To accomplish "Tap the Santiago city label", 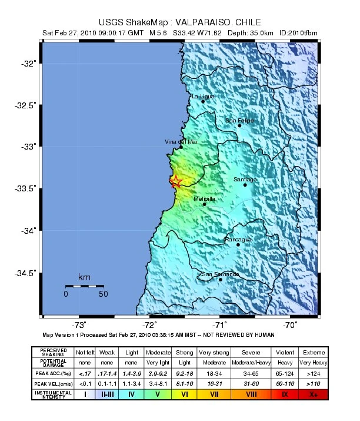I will point(245,179).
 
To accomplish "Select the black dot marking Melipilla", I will point(204,204).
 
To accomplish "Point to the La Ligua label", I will point(203,96).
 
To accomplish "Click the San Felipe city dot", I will point(239,125).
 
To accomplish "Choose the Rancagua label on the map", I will point(238,239).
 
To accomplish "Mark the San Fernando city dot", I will point(221,279).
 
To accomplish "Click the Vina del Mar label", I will point(182,142).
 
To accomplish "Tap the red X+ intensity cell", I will point(313,395).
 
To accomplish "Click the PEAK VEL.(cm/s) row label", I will point(53,384).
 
